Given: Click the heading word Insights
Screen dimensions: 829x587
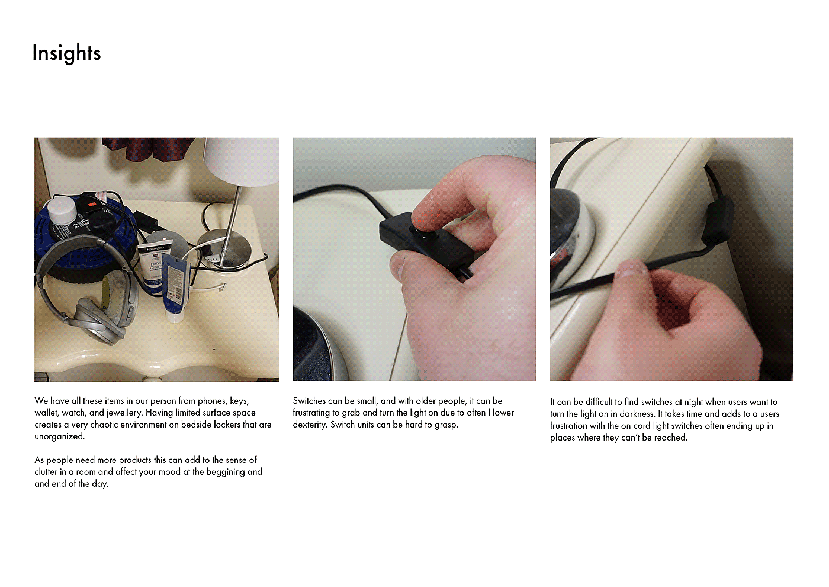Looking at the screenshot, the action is [66, 53].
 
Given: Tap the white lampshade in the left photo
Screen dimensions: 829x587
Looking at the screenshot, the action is [242, 161].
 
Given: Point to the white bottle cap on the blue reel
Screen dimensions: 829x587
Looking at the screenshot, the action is [62, 210].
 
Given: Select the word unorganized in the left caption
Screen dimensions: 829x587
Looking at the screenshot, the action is [60, 436].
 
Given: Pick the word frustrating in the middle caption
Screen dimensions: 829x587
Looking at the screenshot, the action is [311, 413].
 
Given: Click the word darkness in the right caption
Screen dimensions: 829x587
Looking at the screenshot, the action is [637, 414].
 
